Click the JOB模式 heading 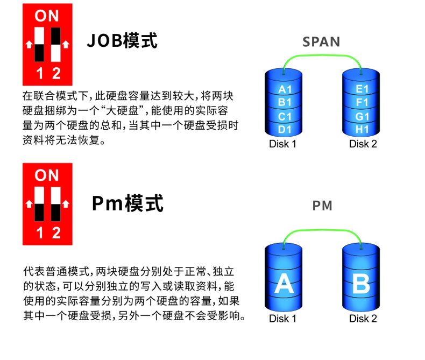click(122, 41)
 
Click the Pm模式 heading click(127, 203)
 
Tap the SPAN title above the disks click(321, 42)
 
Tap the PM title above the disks click(322, 206)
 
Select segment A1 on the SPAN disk click(285, 89)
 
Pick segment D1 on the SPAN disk click(285, 130)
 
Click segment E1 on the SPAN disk click(362, 89)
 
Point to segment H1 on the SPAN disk click(362, 130)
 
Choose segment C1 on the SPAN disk click(285, 117)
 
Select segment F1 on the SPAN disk click(362, 102)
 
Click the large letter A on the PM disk click(284, 283)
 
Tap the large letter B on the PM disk click(362, 284)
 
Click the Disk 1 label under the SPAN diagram click(282, 144)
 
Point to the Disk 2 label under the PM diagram click(363, 319)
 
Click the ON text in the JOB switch click(47, 16)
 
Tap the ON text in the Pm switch click(47, 175)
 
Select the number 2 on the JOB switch click(56, 74)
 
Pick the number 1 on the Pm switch click(40, 233)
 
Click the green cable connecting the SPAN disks click(322, 55)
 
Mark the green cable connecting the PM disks click(322, 230)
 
